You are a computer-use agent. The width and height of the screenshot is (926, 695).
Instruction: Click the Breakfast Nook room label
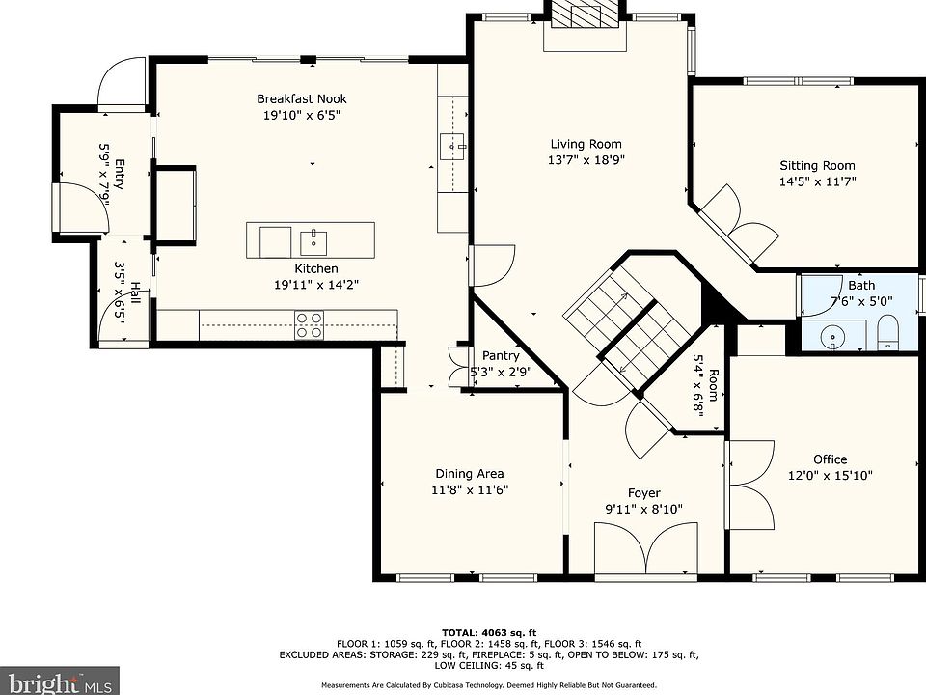(x=302, y=98)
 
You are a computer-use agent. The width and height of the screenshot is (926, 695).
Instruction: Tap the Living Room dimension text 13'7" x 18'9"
(x=586, y=159)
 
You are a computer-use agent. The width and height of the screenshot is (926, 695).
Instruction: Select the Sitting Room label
(x=817, y=165)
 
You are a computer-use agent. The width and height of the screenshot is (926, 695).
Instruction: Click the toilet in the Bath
(x=887, y=333)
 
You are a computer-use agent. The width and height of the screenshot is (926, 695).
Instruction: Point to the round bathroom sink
(x=832, y=338)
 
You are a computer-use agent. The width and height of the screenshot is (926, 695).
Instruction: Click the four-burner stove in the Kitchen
(x=309, y=325)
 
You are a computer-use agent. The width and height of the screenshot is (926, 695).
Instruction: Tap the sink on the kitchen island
(x=313, y=242)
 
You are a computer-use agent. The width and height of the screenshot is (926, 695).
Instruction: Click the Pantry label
(x=501, y=356)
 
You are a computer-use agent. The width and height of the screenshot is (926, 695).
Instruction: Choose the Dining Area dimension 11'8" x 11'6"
(x=470, y=489)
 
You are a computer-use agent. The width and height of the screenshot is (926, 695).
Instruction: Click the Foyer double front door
(x=646, y=548)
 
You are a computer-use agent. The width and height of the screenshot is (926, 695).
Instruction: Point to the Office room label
(x=831, y=459)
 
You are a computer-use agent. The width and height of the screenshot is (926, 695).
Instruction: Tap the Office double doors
(x=751, y=485)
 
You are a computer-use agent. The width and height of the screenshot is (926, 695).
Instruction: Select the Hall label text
(x=135, y=293)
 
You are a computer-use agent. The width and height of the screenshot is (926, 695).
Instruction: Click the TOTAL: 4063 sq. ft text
(x=489, y=633)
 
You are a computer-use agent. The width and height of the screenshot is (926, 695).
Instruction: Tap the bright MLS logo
(x=59, y=681)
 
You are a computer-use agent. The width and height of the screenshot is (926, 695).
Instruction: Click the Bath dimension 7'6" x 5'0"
(x=861, y=301)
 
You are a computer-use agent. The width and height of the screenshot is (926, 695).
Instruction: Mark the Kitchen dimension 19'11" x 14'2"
(x=316, y=284)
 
